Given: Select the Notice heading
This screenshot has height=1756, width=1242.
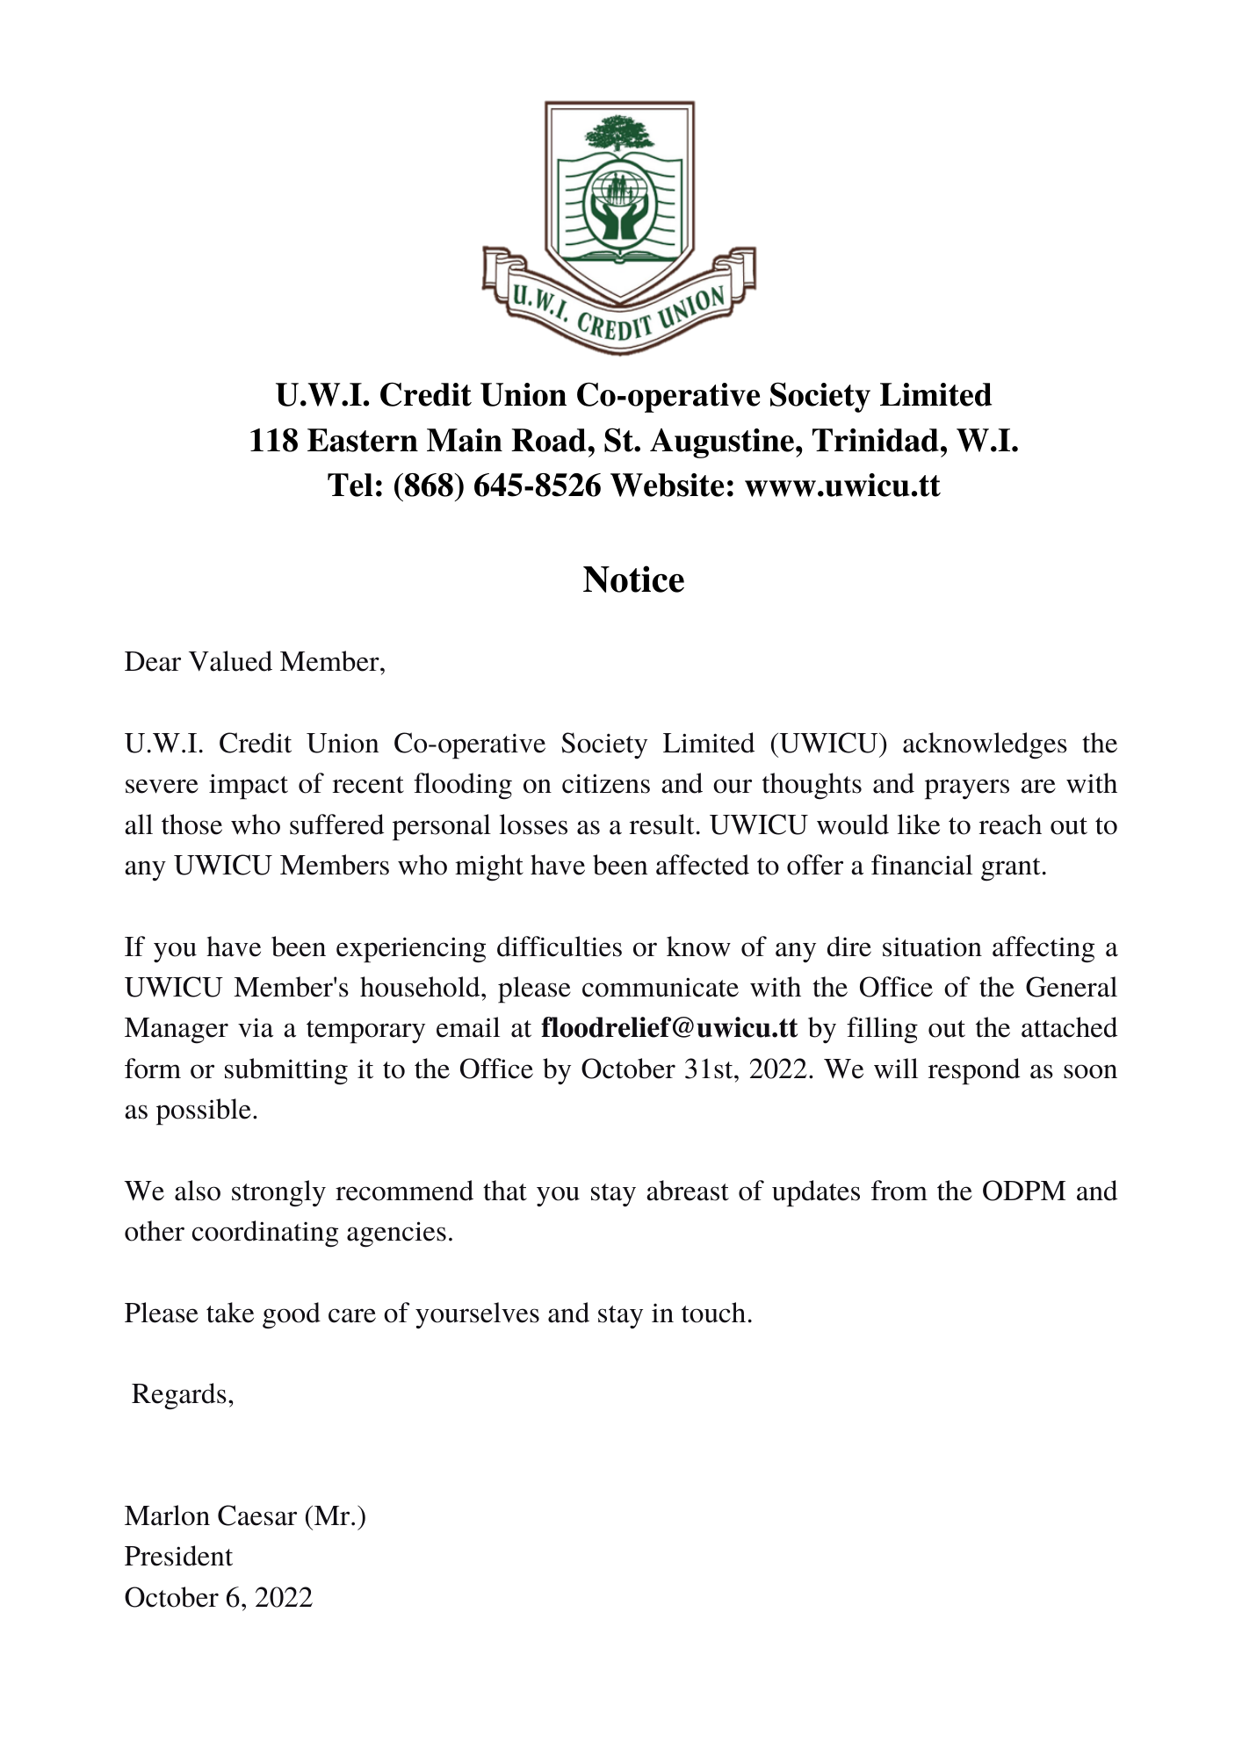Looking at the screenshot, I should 633,580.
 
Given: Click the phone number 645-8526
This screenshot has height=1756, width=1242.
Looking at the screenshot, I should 537,486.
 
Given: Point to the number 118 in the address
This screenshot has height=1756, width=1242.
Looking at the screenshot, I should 272,441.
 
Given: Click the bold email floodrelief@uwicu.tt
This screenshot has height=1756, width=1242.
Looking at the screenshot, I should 669,1028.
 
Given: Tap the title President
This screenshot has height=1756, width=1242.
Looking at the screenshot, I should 178,1557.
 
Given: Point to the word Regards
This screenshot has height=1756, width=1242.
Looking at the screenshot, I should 183,1394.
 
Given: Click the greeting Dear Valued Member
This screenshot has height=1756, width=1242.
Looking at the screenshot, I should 255,662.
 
